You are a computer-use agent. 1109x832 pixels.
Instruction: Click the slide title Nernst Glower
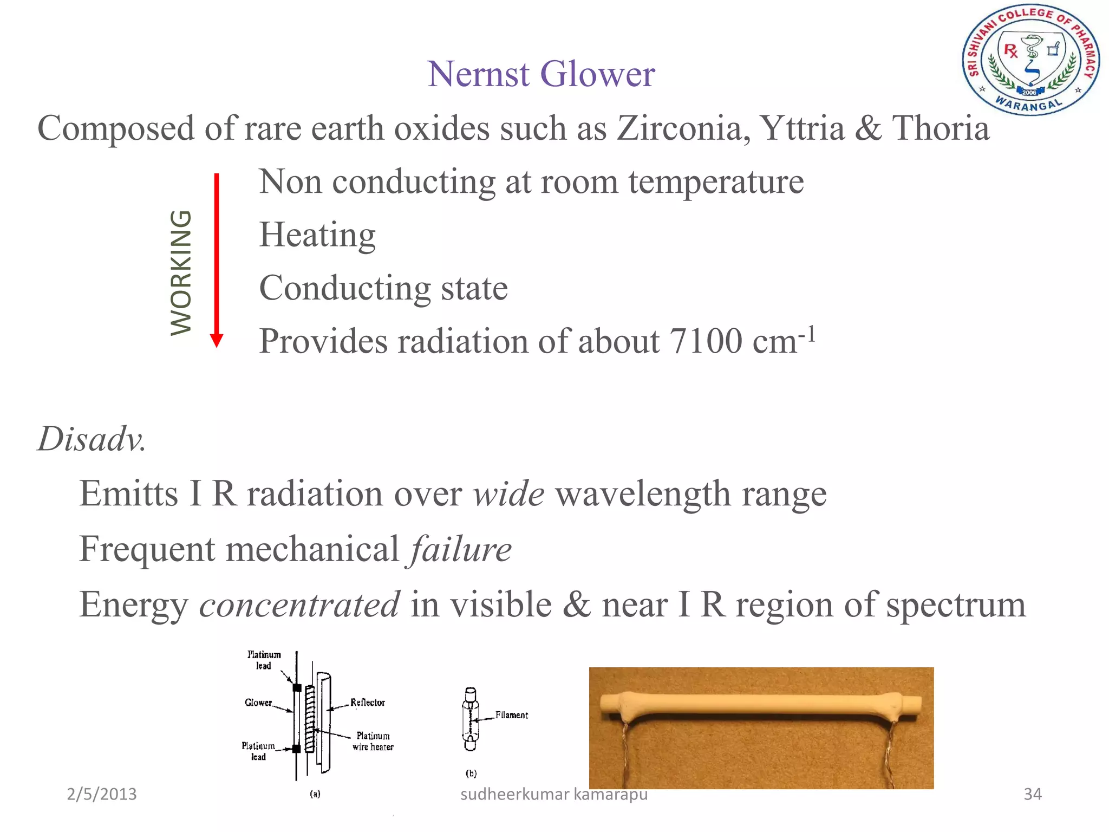click(541, 74)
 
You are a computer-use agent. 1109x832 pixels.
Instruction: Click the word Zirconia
click(683, 128)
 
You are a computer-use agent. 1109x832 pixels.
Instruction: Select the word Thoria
click(940, 128)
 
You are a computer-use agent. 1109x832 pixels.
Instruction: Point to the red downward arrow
click(217, 260)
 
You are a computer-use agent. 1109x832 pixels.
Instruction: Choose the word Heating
click(317, 235)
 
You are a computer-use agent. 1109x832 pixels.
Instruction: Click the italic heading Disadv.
click(92, 438)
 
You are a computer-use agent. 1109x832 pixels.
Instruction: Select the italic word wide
click(508, 493)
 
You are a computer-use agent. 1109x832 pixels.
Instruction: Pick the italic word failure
click(461, 549)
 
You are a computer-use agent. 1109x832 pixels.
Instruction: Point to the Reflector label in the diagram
click(368, 703)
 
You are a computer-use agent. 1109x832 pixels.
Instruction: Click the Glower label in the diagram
click(258, 703)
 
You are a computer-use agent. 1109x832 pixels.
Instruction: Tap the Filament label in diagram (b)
click(512, 715)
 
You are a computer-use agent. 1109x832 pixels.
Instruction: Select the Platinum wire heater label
click(373, 741)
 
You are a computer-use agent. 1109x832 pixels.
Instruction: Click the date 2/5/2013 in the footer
click(102, 794)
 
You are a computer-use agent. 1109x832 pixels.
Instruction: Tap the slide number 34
click(1032, 794)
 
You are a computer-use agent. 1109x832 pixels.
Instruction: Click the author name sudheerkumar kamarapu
click(553, 794)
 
